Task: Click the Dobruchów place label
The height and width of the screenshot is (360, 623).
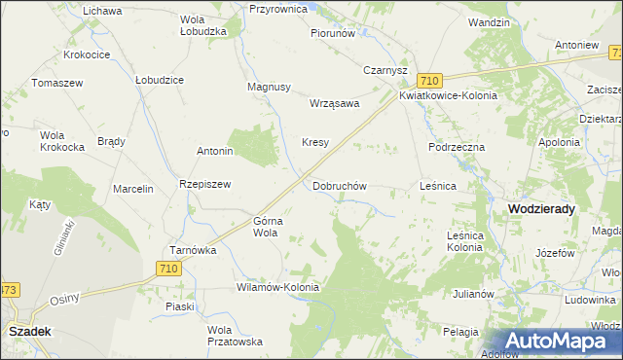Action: (339, 185)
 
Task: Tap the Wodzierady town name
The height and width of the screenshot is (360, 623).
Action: (541, 208)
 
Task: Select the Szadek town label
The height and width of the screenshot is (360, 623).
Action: (29, 331)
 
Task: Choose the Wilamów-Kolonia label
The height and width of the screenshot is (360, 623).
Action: (277, 288)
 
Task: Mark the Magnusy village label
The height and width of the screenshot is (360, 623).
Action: (270, 87)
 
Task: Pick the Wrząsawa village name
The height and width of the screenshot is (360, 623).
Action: (334, 103)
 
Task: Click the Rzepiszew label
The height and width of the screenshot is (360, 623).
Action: (203, 184)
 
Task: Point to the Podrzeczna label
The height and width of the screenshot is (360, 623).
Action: (456, 146)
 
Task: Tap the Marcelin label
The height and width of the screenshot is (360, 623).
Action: (133, 189)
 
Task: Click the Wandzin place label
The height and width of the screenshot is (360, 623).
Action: (489, 21)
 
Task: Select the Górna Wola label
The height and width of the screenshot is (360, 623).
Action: (267, 227)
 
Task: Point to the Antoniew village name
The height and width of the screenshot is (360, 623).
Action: (575, 45)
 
